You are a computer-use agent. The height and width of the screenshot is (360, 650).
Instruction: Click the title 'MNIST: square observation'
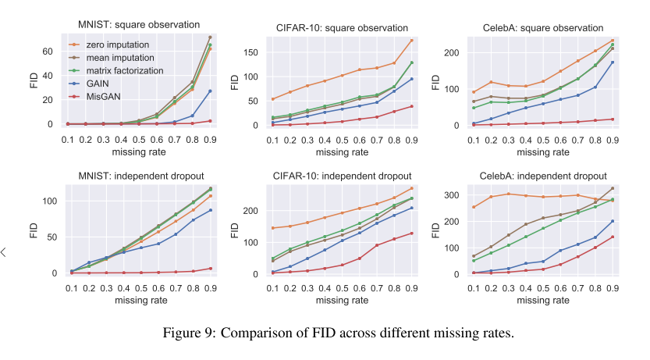click(139, 26)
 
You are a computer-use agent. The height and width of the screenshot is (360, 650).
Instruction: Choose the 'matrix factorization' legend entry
click(124, 70)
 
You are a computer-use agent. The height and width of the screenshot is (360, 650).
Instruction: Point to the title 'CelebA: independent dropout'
click(549, 176)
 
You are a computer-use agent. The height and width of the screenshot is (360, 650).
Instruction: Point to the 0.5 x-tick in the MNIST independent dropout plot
click(141, 287)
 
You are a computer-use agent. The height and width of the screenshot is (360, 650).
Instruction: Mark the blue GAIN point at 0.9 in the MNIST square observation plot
click(210, 91)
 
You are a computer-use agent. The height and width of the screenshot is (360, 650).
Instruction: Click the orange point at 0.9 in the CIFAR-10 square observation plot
click(411, 41)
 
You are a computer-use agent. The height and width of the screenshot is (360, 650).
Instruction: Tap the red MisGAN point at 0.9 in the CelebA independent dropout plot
click(613, 237)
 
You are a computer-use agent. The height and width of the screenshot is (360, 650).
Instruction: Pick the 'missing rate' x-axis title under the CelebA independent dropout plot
click(544, 300)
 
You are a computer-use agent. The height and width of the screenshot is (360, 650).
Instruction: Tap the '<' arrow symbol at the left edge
click(4, 251)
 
